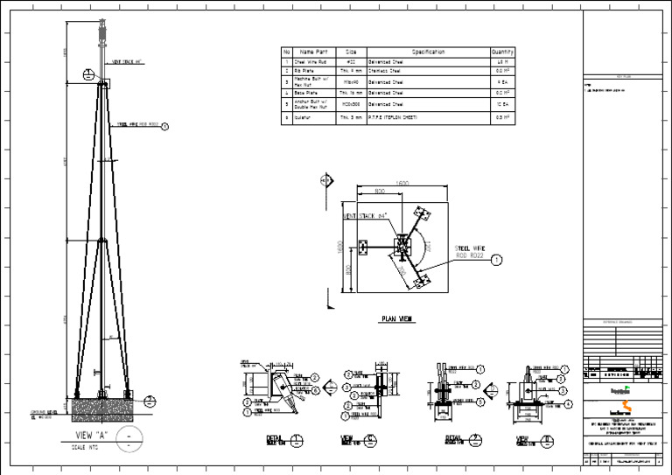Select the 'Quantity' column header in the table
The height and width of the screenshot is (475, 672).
coord(503,52)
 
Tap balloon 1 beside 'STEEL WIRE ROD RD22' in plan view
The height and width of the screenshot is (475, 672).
coord(496,260)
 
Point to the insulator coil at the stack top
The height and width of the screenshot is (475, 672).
coord(103,38)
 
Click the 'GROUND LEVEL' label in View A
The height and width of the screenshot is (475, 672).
coord(44,411)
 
